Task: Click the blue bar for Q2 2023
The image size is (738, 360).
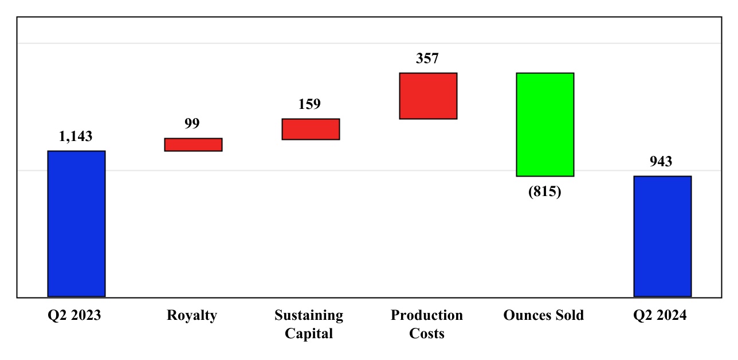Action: point(76,224)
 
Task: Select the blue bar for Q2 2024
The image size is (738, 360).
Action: point(662,236)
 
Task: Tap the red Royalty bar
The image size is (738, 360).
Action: point(193,144)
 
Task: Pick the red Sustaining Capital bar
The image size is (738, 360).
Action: point(311,129)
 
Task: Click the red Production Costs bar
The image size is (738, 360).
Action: point(428,96)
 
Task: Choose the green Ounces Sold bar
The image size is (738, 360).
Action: point(545,124)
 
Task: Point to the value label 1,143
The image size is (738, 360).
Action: point(76,136)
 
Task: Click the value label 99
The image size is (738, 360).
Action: point(192,124)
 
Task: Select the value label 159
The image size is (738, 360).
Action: point(309,104)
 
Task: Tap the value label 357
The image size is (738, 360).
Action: point(427,58)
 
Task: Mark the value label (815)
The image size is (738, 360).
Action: point(544,191)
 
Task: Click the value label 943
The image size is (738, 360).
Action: point(661,162)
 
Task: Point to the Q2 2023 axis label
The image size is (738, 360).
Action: point(74,315)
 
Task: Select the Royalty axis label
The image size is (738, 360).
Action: point(192,315)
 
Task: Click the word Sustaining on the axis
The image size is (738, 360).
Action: point(309,315)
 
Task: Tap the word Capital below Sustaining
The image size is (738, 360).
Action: point(309,334)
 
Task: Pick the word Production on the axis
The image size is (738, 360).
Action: point(427,315)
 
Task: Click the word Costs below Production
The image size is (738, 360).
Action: point(427,334)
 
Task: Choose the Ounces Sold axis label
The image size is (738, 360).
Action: point(544,315)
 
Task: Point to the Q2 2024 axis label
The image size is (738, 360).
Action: point(660,315)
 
